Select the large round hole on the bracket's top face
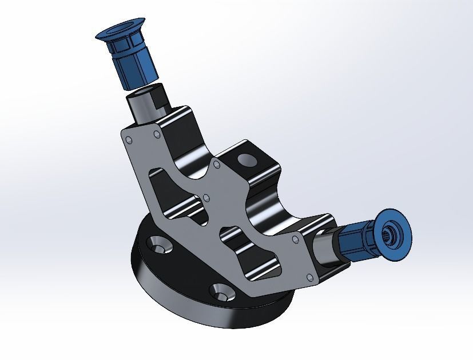pos(248,158)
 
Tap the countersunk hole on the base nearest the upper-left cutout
pos(161,245)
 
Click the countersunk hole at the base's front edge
pos(221,293)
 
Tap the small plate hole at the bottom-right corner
pos(309,279)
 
